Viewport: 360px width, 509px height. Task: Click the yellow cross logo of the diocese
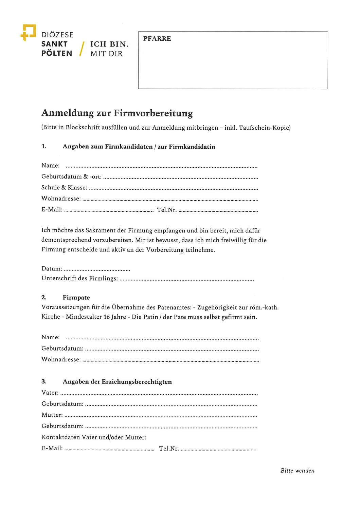pos(28,32)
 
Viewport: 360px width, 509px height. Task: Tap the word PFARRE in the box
pos(157,39)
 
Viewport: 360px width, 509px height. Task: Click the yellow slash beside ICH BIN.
pos(82,49)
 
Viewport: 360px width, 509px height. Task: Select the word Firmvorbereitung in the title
pos(153,113)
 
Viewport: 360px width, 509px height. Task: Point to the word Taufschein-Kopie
pos(264,128)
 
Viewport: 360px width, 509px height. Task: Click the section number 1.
pos(44,147)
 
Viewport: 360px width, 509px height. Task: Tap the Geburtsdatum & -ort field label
pos(71,176)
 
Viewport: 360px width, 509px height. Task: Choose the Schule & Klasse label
pos(64,188)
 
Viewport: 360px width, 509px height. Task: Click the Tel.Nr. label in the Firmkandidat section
pos(166,210)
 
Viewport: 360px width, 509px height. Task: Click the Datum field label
pos(52,269)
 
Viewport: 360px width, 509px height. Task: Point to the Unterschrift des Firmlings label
pos(80,279)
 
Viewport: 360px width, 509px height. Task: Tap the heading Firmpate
pos(76,298)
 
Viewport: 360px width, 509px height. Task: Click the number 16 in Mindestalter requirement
pos(107,317)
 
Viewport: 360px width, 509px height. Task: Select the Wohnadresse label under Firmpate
pos(61,359)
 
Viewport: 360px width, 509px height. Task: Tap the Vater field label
pos(50,393)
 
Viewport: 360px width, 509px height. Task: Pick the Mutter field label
pos(52,415)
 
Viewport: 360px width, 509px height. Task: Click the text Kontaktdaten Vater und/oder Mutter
pos(94,437)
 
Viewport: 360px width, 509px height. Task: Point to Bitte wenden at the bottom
pos(298,471)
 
